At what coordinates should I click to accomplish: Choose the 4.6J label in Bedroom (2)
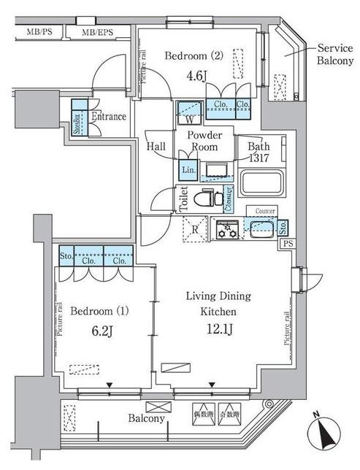177,74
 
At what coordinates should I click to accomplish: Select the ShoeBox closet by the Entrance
76,123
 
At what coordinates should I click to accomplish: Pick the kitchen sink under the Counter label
258,229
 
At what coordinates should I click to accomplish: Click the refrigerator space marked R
194,228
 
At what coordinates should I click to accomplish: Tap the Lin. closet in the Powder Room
186,170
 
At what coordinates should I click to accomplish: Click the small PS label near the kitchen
288,244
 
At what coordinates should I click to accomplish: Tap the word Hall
156,146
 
